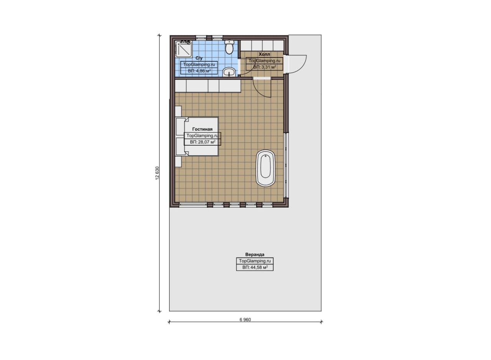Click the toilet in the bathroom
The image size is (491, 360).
click(229, 47)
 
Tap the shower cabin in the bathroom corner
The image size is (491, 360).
click(184, 49)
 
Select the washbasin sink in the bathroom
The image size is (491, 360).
click(229, 72)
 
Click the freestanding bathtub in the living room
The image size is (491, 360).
click(265, 168)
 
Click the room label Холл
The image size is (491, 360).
click(264, 54)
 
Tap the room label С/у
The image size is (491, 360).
click(199, 58)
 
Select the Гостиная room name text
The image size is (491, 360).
click(202, 129)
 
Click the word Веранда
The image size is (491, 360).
click(255, 255)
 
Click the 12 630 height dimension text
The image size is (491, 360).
click(157, 173)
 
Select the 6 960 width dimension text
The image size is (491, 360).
click(245, 320)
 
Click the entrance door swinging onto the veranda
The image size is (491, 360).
click(297, 64)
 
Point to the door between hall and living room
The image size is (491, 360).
click(262, 88)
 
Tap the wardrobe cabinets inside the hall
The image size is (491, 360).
click(262, 46)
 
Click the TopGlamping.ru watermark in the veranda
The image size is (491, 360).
click(255, 261)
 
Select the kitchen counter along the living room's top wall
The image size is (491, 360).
click(208, 86)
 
